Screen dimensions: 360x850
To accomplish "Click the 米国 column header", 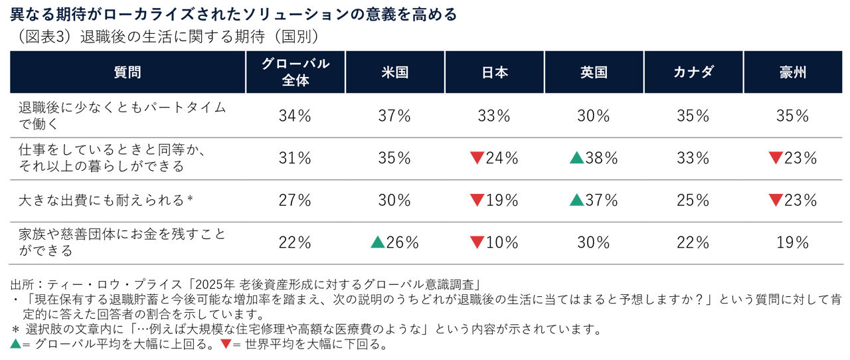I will [394, 72].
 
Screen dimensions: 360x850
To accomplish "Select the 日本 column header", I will [494, 72].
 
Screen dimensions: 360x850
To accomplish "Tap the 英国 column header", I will [594, 72].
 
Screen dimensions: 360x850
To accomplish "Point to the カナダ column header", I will [693, 72].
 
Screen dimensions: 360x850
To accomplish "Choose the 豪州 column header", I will [793, 72].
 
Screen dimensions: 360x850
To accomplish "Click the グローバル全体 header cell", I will [295, 72].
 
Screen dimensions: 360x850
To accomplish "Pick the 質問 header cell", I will [127, 72].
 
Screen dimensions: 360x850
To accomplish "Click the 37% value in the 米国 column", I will [394, 116].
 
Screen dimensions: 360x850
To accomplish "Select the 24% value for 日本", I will [502, 158].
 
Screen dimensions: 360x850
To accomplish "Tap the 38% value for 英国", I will [602, 158].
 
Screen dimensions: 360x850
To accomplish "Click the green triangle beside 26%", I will [378, 242].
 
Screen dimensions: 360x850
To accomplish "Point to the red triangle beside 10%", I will [477, 242].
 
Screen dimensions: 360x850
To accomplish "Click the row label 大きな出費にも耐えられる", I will [103, 200].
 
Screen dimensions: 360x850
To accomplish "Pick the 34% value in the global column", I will [295, 116].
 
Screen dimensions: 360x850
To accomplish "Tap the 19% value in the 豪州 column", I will [793, 242].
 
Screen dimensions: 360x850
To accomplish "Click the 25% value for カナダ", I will [693, 200].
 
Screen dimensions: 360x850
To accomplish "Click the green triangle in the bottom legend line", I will [15, 345].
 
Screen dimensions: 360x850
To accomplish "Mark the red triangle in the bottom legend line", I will [226, 345].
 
